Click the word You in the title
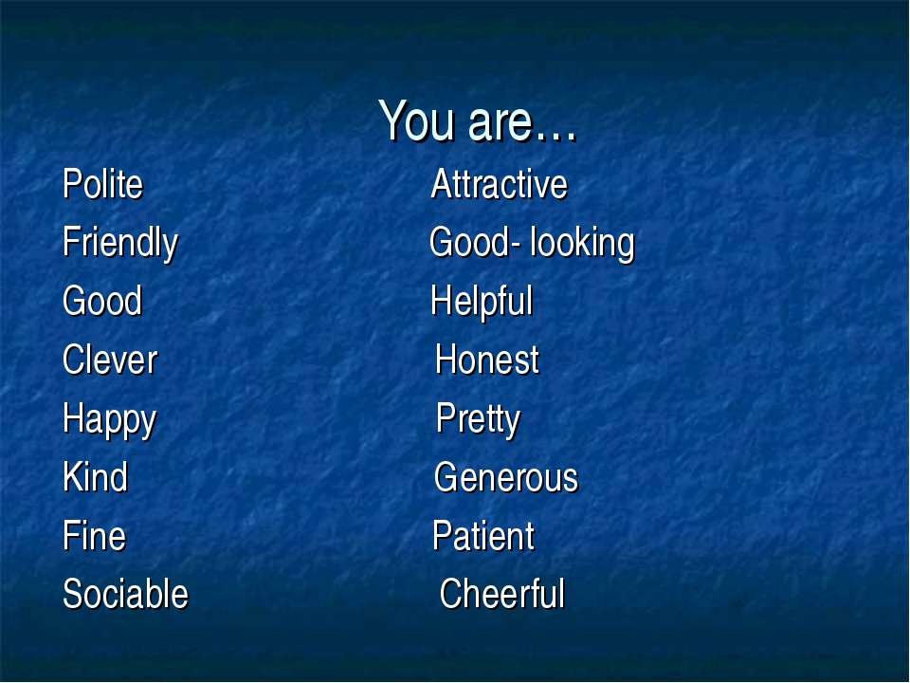coord(416,120)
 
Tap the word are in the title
coord(500,124)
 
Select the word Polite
coord(102,184)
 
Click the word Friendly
coord(120,244)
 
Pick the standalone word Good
coord(102,301)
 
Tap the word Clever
coord(110,360)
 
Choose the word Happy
coord(110,419)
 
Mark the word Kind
coord(95,477)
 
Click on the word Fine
coord(94,535)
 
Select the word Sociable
coord(125,594)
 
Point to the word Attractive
coord(500,184)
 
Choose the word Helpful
coord(482,302)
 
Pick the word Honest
coord(487,360)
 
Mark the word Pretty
coord(478,419)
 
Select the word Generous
coord(506,477)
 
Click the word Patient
coord(483,535)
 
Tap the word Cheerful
coord(502,594)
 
